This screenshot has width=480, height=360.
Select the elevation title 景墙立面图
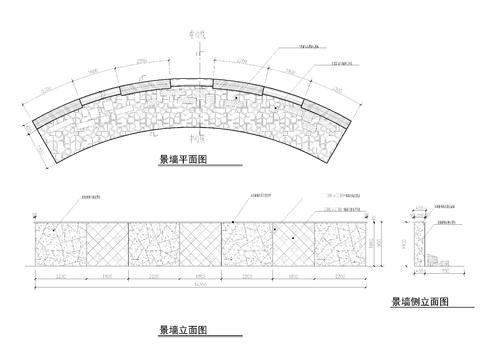(x=182, y=329)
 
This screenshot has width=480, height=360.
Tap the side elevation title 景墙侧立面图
(x=418, y=301)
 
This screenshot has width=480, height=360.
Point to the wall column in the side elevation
(x=425, y=246)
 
